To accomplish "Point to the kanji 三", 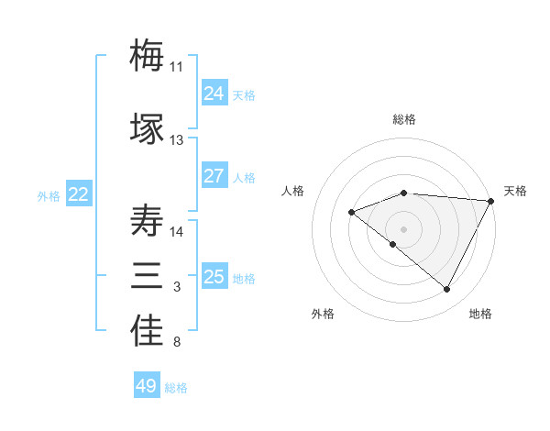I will [x=147, y=276].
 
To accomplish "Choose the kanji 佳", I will [x=147, y=331].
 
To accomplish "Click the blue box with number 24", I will [x=214, y=94].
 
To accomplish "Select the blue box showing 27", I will [x=214, y=176].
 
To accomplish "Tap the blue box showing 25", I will [x=214, y=277].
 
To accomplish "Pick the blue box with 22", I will [x=79, y=194].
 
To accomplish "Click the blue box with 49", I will [x=147, y=386].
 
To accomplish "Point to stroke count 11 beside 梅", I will [x=177, y=67].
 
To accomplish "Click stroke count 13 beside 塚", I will [x=177, y=140].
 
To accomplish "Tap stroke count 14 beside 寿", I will [x=177, y=232].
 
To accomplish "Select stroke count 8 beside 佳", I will [x=177, y=343].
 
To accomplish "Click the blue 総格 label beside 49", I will [x=176, y=388].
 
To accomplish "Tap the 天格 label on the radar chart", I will [x=515, y=191].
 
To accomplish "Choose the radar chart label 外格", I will [x=323, y=315].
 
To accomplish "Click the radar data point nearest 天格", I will [x=491, y=202].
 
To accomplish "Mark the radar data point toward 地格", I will [x=447, y=290].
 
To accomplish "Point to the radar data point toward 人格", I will [x=351, y=213].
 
